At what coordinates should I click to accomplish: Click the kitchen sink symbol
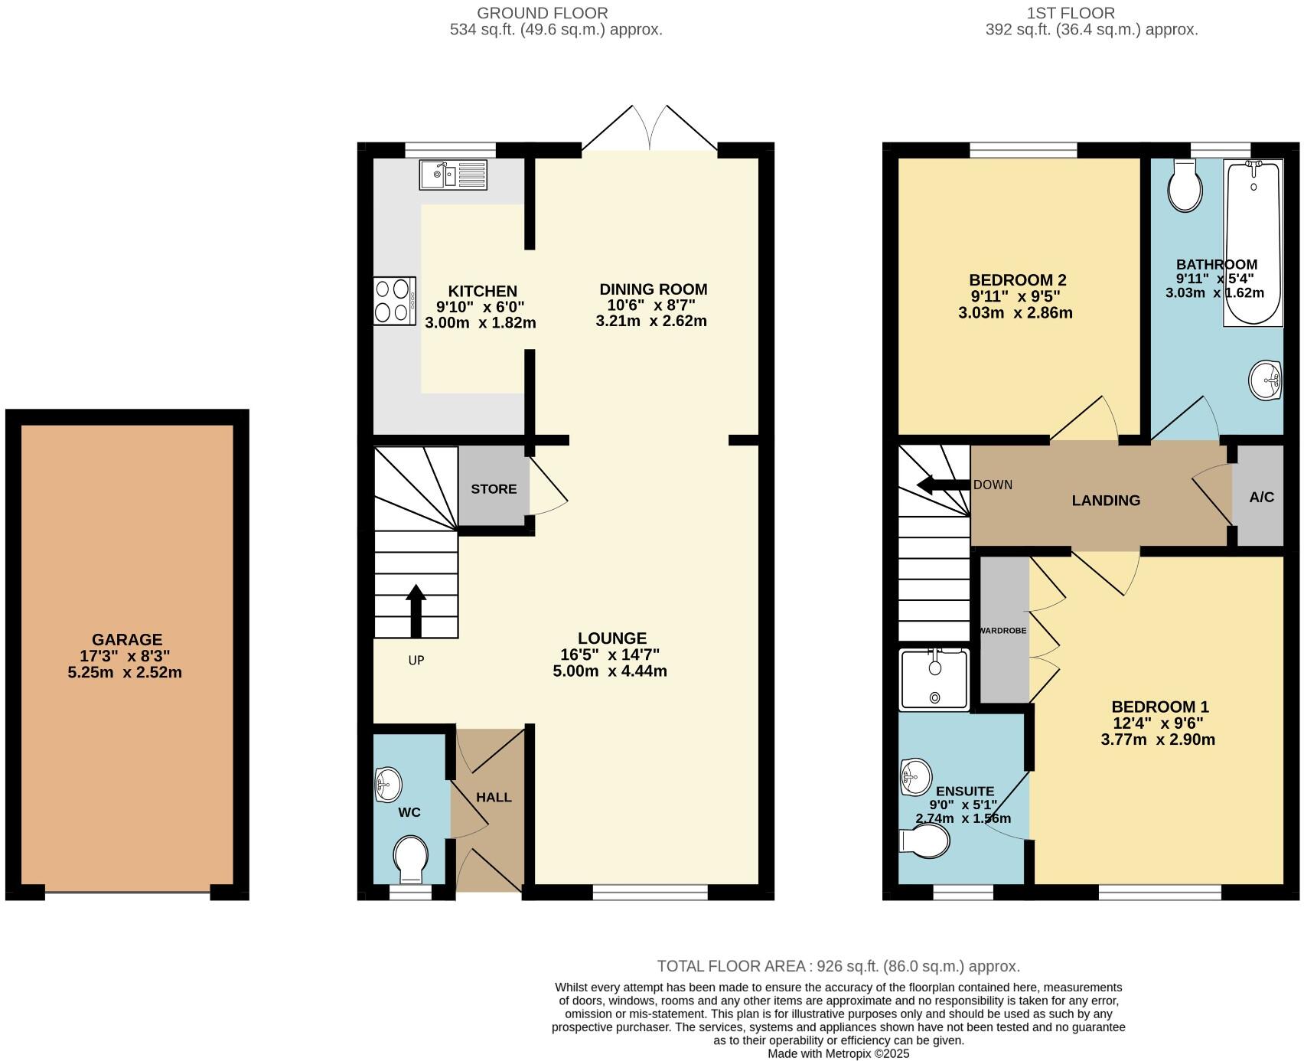click(x=452, y=175)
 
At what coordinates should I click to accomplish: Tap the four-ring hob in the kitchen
click(x=394, y=301)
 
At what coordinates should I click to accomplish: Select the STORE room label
click(x=494, y=489)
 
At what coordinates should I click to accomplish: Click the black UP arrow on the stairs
click(x=416, y=610)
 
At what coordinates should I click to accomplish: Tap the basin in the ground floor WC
click(x=388, y=784)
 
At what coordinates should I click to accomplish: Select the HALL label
click(x=494, y=797)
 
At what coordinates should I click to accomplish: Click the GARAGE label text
click(x=127, y=639)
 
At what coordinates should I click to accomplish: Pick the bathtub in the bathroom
click(x=1253, y=243)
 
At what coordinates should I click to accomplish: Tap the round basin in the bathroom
click(x=1265, y=380)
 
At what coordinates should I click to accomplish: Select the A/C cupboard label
click(x=1261, y=497)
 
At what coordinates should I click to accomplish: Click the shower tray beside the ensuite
click(x=934, y=679)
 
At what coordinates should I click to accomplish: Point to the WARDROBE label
click(x=1003, y=631)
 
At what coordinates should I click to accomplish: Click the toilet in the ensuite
click(x=927, y=841)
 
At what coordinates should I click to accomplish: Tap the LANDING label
click(x=1106, y=501)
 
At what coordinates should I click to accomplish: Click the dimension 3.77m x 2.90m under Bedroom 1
click(x=1158, y=739)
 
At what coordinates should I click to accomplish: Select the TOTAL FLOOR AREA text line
click(x=838, y=966)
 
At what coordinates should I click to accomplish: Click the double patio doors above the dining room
click(x=650, y=128)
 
